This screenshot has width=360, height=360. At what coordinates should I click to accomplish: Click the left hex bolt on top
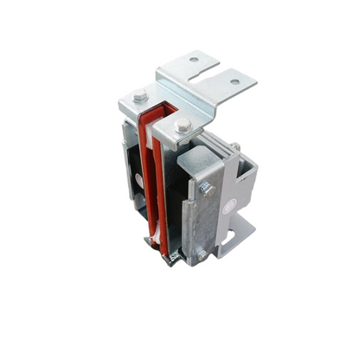[140, 94]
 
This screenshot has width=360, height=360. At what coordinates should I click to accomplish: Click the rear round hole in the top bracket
[193, 60]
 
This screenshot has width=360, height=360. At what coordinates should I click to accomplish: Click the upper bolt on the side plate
[206, 188]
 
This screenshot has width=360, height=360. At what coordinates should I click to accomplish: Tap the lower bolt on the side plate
[200, 253]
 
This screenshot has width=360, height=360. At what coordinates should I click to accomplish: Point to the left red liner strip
[145, 173]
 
